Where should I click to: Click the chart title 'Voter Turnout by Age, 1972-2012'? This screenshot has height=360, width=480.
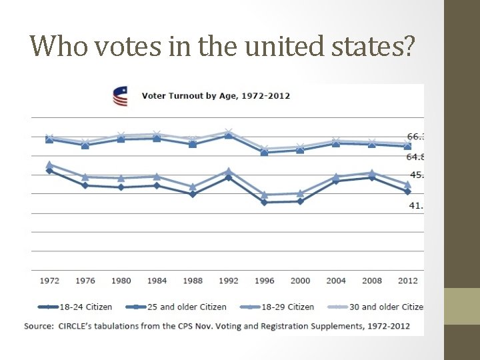[x=215, y=96]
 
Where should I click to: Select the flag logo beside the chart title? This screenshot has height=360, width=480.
[x=120, y=97]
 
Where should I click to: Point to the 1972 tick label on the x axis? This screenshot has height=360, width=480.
[x=49, y=281]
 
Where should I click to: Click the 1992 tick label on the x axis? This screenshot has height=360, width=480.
[x=229, y=281]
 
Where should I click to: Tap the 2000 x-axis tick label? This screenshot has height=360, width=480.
[x=300, y=281]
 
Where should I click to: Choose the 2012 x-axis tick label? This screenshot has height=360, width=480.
[x=407, y=281]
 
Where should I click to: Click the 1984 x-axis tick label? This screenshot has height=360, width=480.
[x=157, y=281]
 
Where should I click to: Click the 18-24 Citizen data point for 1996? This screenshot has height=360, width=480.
[x=265, y=202]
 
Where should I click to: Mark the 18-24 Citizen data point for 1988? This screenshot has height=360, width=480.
[x=193, y=194]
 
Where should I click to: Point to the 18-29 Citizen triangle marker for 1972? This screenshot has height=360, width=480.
[x=49, y=165]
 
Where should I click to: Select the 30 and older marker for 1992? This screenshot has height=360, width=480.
[x=229, y=132]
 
